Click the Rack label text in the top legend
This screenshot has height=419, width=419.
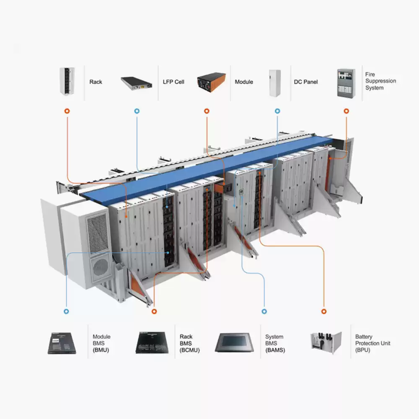click(96, 82)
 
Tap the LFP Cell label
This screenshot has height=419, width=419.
click(173, 82)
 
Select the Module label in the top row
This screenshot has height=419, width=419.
click(244, 82)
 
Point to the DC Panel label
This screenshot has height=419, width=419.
click(306, 82)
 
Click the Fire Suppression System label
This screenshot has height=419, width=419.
click(380, 81)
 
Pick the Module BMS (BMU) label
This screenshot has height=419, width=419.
click(101, 343)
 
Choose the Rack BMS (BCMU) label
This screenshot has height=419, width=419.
click(189, 343)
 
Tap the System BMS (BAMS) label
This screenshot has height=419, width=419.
click(275, 343)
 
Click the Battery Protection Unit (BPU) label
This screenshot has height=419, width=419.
click(372, 343)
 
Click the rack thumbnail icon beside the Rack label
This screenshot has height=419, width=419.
click(67, 81)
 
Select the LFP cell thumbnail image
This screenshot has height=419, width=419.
click(137, 84)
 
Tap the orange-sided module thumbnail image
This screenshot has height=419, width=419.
click(211, 82)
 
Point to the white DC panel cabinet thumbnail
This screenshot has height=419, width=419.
click(275, 83)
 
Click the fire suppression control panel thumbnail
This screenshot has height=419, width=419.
click(346, 83)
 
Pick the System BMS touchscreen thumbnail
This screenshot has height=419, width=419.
click(234, 342)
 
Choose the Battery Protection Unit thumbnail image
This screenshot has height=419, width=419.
click(326, 343)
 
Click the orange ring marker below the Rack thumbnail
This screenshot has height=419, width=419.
click(67, 111)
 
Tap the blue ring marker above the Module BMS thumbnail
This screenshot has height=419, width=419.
click(66, 311)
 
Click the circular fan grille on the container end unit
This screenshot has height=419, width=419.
click(101, 267)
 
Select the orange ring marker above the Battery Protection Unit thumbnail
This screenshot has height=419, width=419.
click(324, 311)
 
